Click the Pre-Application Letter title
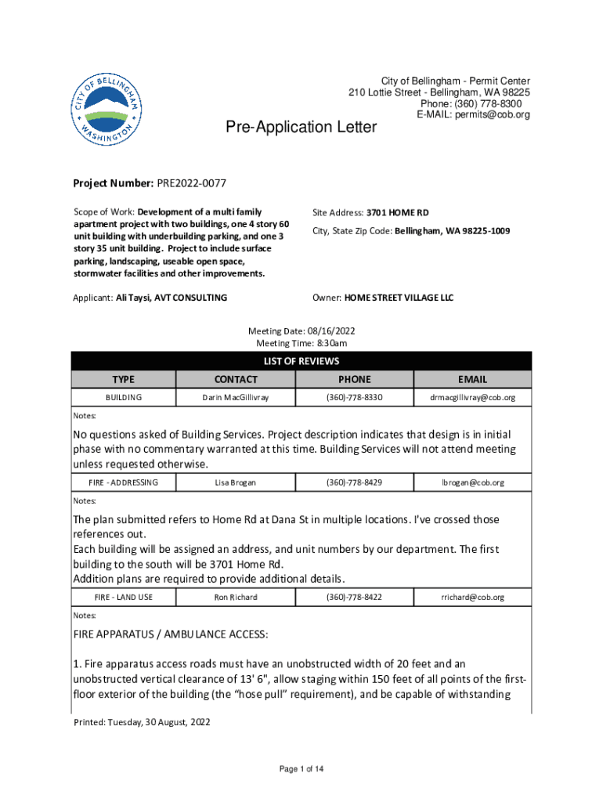pyautogui.click(x=301, y=127)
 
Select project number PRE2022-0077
pyautogui.click(x=191, y=183)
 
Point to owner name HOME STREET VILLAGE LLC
pyautogui.click(x=401, y=298)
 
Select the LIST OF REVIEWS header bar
pyautogui.click(x=301, y=361)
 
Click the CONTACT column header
pyautogui.click(x=236, y=379)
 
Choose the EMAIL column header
pyautogui.click(x=472, y=379)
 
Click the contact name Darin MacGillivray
pyautogui.click(x=236, y=398)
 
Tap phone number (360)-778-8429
pyautogui.click(x=354, y=482)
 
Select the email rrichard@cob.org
pyautogui.click(x=472, y=597)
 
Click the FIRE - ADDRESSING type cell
pyautogui.click(x=124, y=482)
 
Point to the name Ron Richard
pyautogui.click(x=236, y=597)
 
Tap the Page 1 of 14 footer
pyautogui.click(x=301, y=769)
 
